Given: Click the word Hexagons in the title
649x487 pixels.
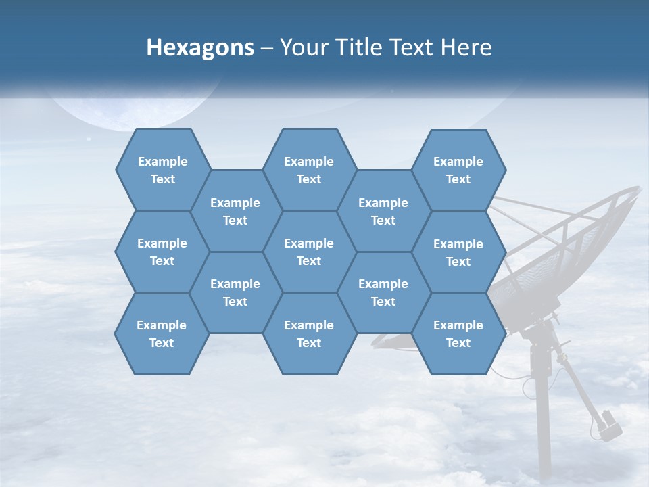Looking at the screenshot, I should point(200,47).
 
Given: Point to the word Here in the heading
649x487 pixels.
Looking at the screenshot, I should point(466,47).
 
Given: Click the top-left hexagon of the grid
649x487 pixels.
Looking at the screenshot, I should point(162,170).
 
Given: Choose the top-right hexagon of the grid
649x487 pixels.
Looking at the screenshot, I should point(458,170).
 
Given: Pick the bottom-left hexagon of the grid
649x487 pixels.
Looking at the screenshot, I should point(162,333).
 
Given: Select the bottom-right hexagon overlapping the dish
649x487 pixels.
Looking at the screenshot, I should point(458,333).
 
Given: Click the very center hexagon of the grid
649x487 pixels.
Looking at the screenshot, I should point(309,252).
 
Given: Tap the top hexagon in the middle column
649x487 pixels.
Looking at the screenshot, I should point(309,170).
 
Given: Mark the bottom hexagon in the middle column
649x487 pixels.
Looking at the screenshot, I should point(309,333).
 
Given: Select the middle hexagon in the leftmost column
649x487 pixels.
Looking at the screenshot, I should point(162,252).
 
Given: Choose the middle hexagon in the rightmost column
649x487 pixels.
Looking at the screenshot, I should point(458,252).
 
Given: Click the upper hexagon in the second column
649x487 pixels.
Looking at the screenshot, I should point(235,211).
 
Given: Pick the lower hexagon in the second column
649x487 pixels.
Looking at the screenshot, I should point(235,292).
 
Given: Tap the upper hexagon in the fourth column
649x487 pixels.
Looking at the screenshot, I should point(383,211).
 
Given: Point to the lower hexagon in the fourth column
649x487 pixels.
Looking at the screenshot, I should point(383,292).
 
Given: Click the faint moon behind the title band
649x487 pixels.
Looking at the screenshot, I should point(135,108).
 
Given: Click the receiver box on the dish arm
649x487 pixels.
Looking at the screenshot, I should point(610,425).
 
